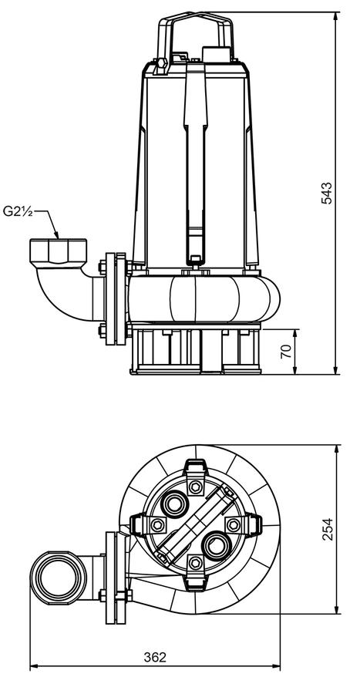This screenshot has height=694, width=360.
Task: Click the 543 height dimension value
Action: point(326,193)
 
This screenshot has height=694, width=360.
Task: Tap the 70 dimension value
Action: point(287,351)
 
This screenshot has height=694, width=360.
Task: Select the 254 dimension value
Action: point(328,529)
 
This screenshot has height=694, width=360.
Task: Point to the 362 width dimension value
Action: point(155,657)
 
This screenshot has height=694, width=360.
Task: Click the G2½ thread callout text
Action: point(18,211)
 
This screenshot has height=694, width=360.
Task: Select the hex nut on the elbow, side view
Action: point(59,251)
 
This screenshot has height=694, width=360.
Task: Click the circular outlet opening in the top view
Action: point(59,578)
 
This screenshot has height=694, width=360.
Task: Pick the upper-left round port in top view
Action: point(173,504)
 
